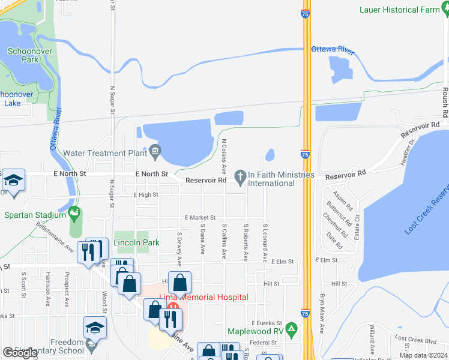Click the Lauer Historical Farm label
coord(399,10)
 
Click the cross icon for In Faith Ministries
coord(240,175)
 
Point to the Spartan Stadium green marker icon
coord(74,212)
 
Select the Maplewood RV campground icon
coord(292,328)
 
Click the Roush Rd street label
coord(445,102)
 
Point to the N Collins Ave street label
coord(224,153)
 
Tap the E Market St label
coord(200,218)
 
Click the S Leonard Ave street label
coord(265,242)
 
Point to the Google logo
coord(20,353)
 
